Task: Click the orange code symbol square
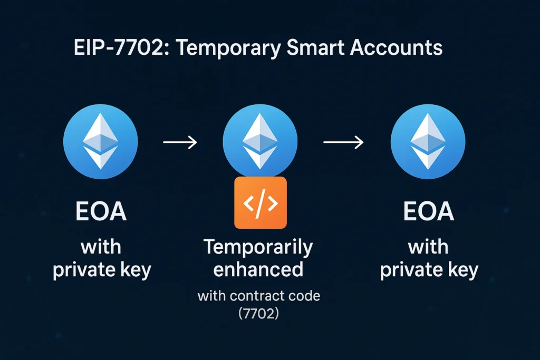click(260, 202)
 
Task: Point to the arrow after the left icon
click(180, 142)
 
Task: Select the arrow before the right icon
click(343, 142)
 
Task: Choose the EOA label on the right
click(429, 212)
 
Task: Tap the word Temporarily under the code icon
click(258, 247)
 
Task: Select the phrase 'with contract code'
click(258, 296)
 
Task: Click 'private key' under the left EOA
click(102, 269)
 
